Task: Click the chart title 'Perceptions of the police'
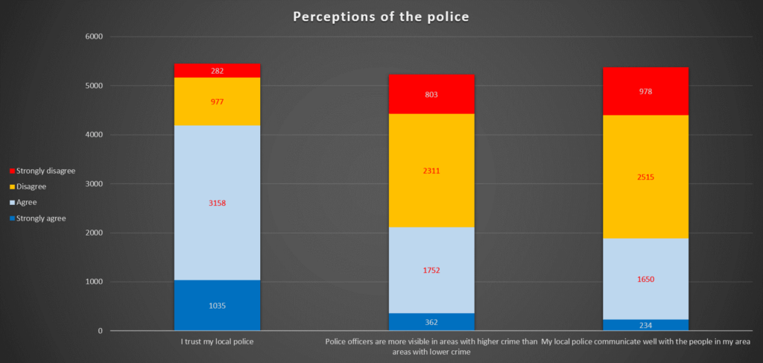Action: (x=381, y=16)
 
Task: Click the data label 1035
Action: (x=217, y=306)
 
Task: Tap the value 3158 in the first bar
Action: (x=217, y=203)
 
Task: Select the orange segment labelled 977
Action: (x=217, y=102)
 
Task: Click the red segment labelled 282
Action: (x=217, y=71)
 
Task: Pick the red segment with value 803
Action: (x=431, y=95)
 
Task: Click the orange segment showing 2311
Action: (x=431, y=171)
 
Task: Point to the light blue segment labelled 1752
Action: (x=431, y=270)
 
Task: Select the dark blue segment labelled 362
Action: (x=431, y=322)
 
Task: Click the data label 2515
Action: (x=645, y=177)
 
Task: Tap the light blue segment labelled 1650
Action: (x=645, y=279)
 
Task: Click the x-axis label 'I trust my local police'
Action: (x=217, y=342)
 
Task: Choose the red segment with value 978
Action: (x=645, y=91)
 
